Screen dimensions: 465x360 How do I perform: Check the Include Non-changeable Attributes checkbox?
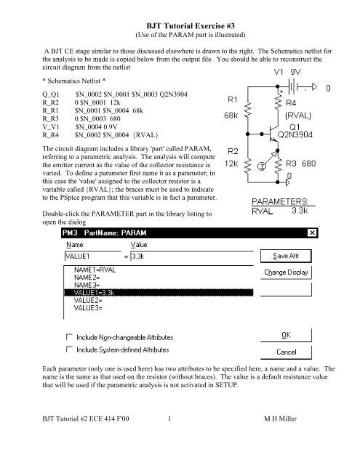pyautogui.click(x=70, y=337)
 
